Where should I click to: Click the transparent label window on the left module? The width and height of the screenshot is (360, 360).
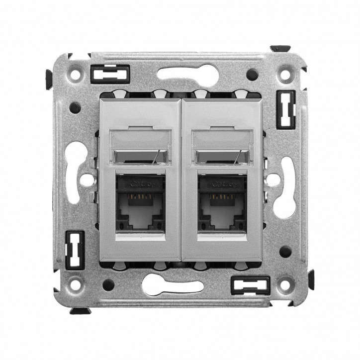[x=141, y=147]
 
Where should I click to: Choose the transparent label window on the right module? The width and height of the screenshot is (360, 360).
[x=223, y=147]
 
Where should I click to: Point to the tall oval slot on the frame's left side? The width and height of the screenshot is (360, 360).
[x=74, y=172]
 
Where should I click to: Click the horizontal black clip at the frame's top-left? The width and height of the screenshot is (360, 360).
[x=109, y=74]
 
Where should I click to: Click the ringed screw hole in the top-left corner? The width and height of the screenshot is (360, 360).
[x=76, y=76]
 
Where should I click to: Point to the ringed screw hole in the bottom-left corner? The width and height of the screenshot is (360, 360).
[x=75, y=285]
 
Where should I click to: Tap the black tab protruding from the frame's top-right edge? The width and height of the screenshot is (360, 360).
[x=280, y=49]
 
